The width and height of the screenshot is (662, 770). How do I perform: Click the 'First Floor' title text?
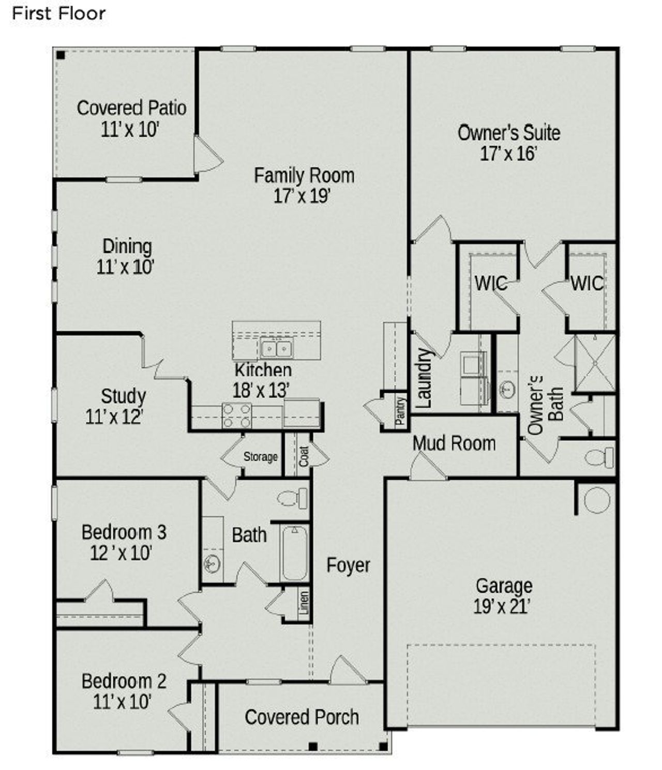[x=58, y=13]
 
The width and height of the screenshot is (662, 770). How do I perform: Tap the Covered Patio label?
[x=131, y=108]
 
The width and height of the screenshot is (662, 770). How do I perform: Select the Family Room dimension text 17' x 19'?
[x=303, y=196]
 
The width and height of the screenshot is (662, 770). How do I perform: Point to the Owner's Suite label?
[x=509, y=133]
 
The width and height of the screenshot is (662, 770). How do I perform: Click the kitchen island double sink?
[x=276, y=349]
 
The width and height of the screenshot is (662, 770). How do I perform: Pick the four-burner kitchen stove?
[x=236, y=415]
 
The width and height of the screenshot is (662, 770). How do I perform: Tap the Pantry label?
[x=400, y=411]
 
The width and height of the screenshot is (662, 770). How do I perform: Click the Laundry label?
[x=424, y=378]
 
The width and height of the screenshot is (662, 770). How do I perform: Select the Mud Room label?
[x=454, y=443]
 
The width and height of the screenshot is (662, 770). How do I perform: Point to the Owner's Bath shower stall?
[x=595, y=363]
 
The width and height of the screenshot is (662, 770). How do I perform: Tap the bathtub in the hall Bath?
[x=294, y=553]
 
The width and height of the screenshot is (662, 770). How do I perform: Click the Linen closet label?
[x=304, y=603]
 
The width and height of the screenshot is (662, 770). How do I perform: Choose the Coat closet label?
[x=304, y=456]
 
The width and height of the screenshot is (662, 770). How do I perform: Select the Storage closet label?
[x=261, y=457]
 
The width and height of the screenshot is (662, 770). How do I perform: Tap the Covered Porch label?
[x=302, y=717]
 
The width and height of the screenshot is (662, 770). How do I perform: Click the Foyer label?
[x=348, y=565]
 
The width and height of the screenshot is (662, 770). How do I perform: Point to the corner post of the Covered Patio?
[x=61, y=55]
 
